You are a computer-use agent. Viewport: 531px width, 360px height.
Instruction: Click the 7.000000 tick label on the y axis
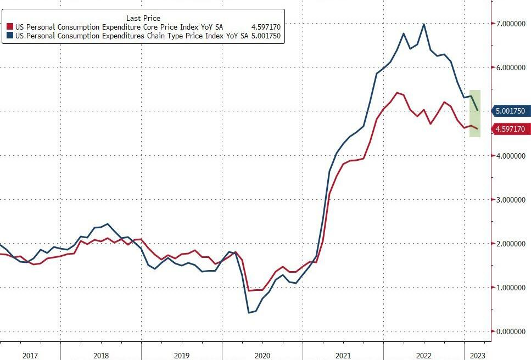point(511,24)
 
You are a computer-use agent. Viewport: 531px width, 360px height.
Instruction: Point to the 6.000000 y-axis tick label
point(511,67)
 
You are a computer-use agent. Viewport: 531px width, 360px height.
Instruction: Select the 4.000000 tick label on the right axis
point(511,156)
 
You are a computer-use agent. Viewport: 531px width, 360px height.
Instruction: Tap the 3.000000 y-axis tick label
point(511,200)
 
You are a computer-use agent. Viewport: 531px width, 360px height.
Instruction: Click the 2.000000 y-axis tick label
point(511,244)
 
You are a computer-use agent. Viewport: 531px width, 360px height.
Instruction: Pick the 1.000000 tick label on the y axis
point(511,288)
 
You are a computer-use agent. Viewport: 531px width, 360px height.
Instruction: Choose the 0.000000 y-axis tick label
point(511,331)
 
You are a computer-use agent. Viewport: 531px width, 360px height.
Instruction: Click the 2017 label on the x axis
point(30,355)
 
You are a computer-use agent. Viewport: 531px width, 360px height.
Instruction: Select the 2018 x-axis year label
point(101,355)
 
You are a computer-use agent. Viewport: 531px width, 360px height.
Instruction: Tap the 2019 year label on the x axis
point(182,355)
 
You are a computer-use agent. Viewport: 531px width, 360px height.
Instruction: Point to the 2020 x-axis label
point(262,355)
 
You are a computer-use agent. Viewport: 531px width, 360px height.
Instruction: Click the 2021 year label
point(343,355)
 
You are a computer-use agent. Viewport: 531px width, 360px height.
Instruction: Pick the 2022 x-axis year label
point(424,355)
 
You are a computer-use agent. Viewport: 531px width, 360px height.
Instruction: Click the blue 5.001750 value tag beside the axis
point(510,111)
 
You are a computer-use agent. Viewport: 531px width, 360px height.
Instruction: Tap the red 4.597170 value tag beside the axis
point(510,129)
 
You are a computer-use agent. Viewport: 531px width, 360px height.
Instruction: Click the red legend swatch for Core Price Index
point(9,27)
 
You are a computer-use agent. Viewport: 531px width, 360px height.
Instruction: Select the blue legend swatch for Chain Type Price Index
point(9,36)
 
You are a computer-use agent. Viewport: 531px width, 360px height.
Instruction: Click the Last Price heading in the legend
point(143,18)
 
